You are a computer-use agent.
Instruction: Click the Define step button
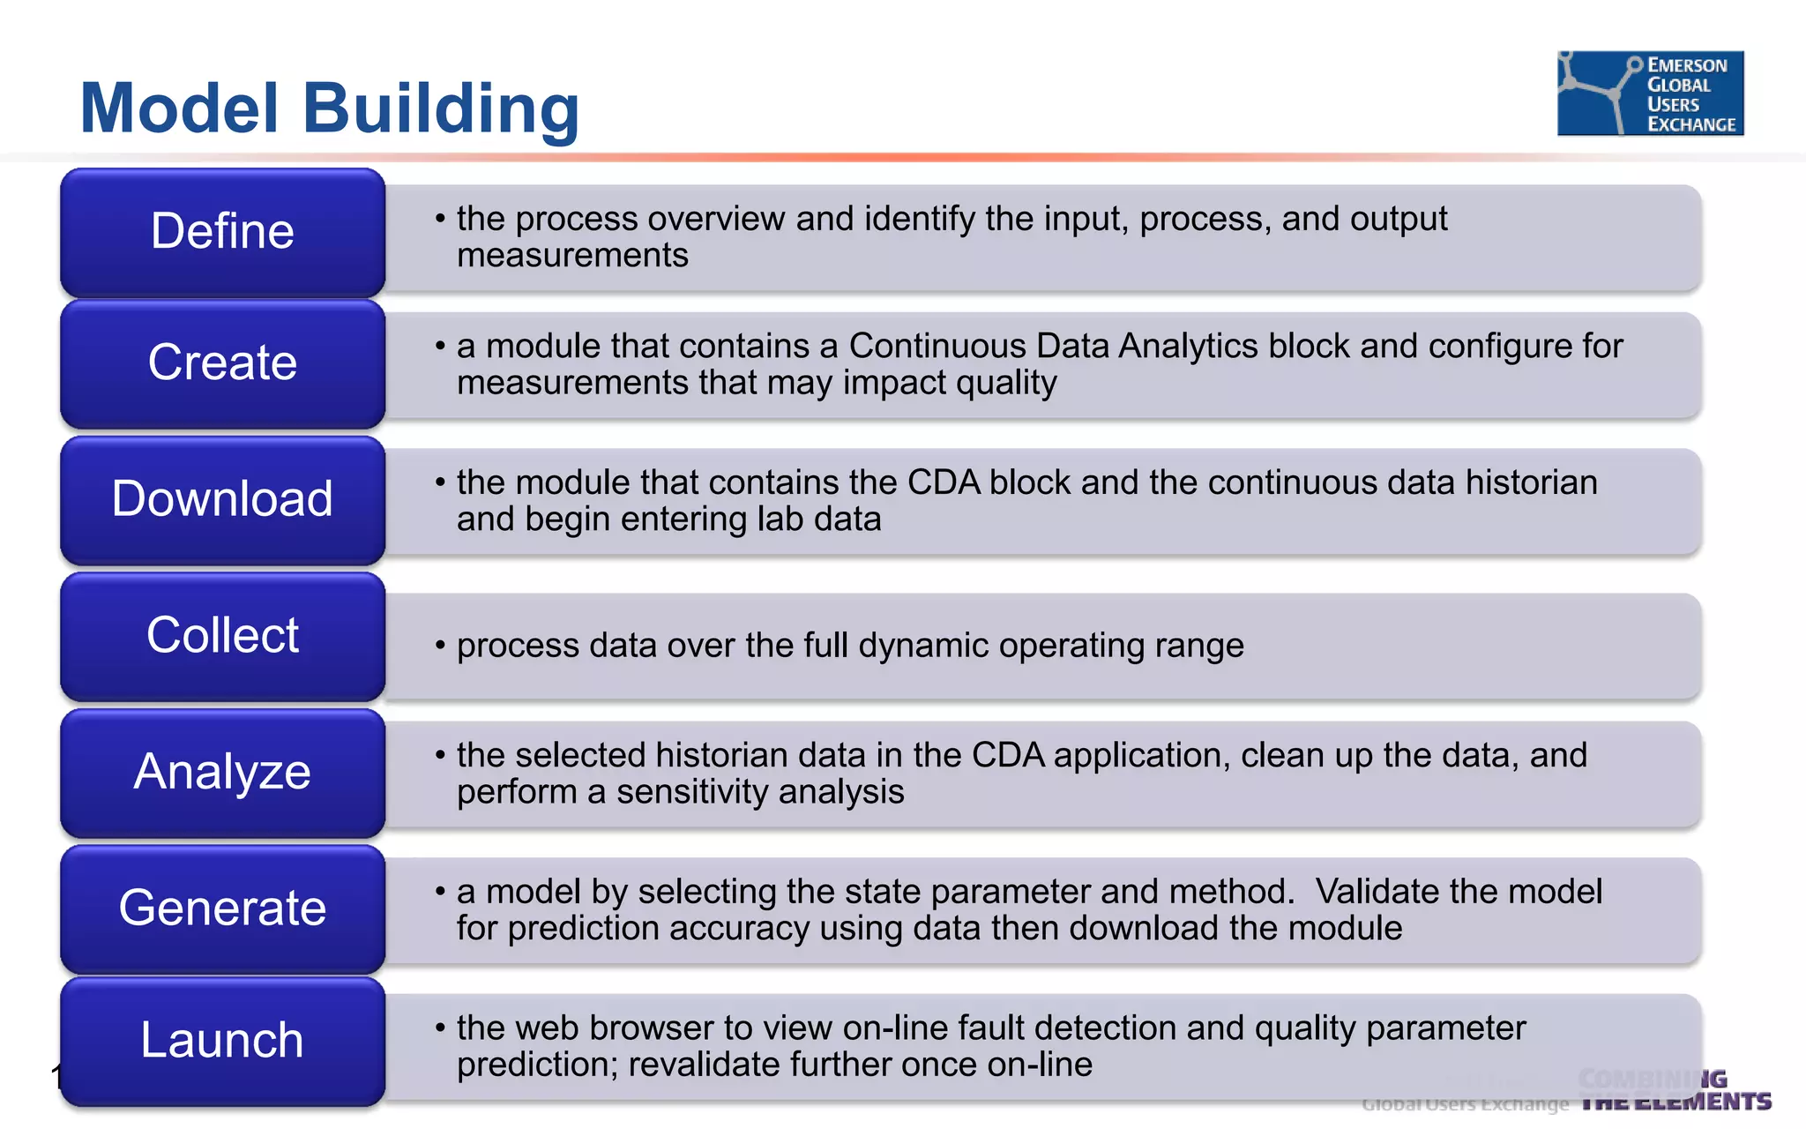click(x=222, y=232)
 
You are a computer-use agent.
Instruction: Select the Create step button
click(x=222, y=363)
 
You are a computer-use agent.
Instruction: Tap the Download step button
click(x=222, y=499)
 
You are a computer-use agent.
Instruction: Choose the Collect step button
click(x=222, y=636)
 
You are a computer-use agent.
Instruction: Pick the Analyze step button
click(x=222, y=772)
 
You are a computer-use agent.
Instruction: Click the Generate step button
click(x=222, y=908)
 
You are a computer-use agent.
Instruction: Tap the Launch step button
click(x=222, y=1041)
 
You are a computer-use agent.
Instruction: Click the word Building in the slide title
click(x=441, y=108)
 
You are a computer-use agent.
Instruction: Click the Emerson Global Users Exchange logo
click(x=1650, y=93)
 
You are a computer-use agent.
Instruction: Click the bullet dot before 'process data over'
click(x=440, y=646)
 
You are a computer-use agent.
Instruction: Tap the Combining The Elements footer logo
click(x=1674, y=1091)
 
